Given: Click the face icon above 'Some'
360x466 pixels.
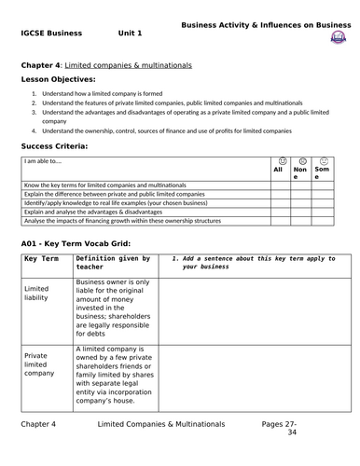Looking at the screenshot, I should tap(322, 161).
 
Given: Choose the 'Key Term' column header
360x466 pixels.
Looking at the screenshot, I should tap(42, 258).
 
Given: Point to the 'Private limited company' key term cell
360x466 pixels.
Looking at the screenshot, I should tap(39, 363).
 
